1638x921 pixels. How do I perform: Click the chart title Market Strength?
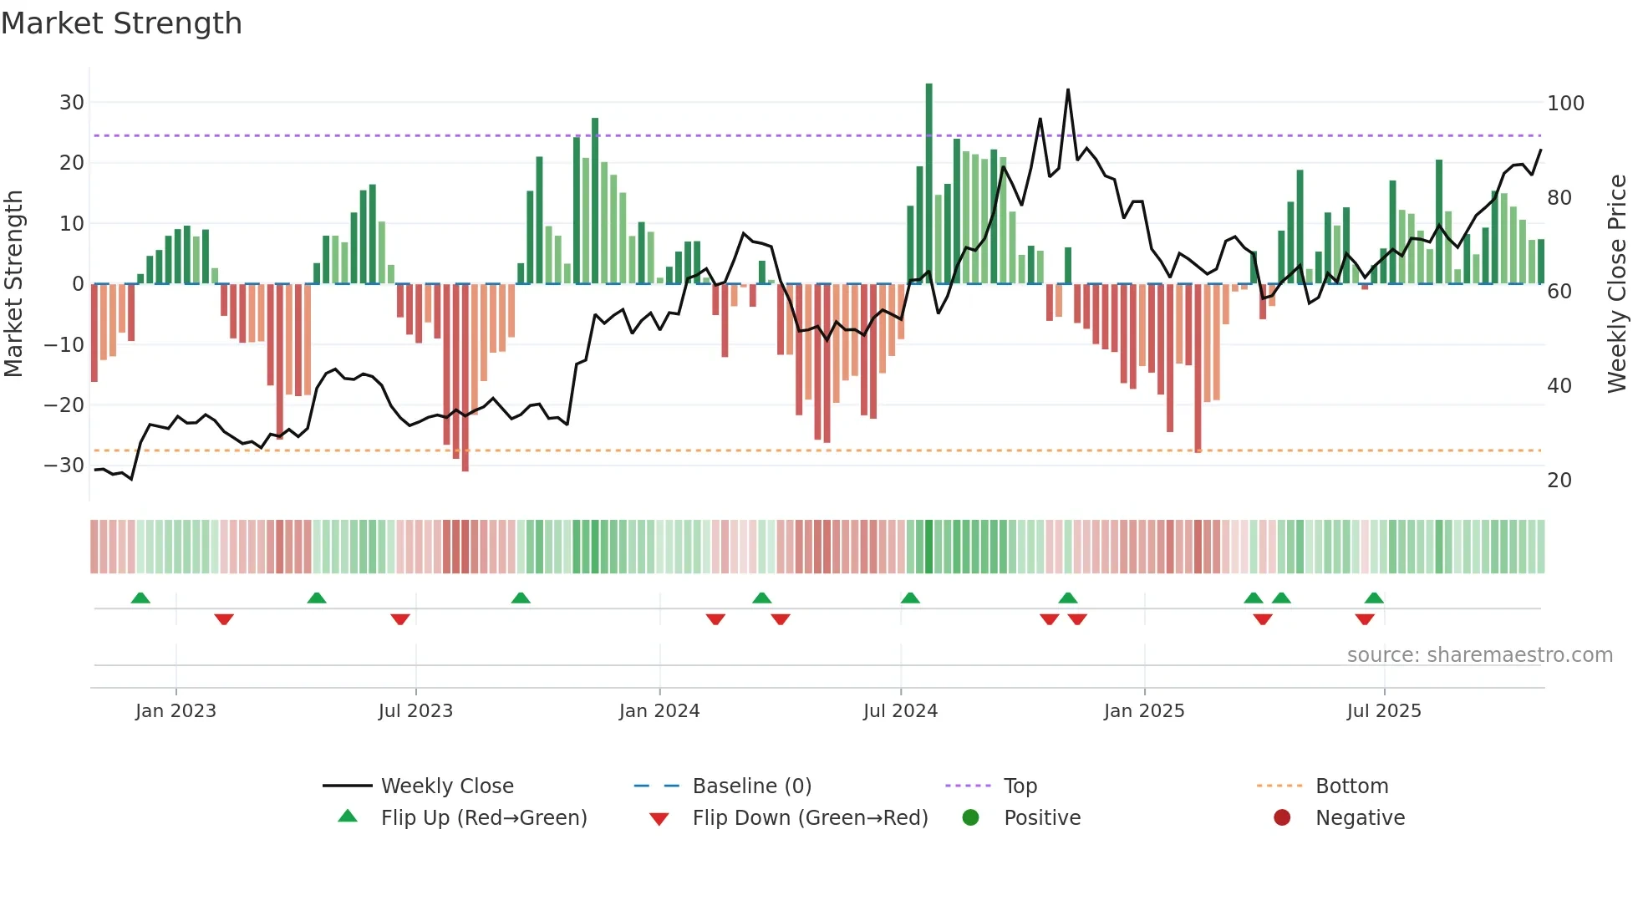122,23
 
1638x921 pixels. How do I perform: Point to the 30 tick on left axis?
72,103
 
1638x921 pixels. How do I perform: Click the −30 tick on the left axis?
65,466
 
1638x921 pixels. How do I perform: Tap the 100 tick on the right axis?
1565,104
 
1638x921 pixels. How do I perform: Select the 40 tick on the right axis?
1559,386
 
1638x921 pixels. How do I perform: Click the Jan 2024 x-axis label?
659,711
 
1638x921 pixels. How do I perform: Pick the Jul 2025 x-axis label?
1383,711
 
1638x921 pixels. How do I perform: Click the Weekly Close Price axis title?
1617,284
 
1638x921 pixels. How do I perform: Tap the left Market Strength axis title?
14,284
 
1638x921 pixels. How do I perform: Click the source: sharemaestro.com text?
1479,655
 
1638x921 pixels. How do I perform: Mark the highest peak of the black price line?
1068,89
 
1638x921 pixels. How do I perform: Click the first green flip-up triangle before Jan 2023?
140,598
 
